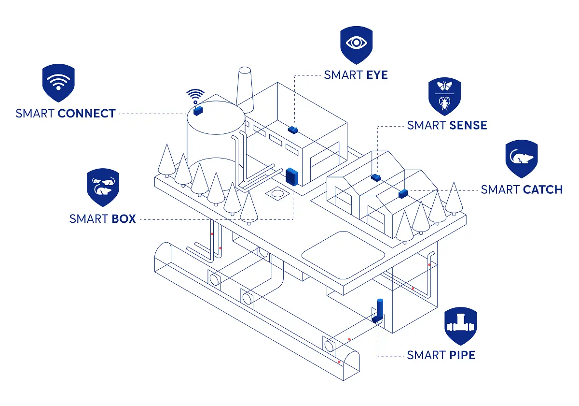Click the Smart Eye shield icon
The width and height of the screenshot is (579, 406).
pyautogui.click(x=356, y=45)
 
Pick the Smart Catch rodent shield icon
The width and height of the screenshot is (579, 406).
pyautogui.click(x=521, y=159)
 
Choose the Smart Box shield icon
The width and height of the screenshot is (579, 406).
pyautogui.click(x=103, y=187)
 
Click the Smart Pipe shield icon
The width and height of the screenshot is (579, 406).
pyautogui.click(x=460, y=326)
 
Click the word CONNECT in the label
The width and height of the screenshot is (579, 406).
pyautogui.click(x=86, y=114)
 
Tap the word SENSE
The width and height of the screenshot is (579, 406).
pyautogui.click(x=468, y=126)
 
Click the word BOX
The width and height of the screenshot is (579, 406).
pyautogui.click(x=124, y=219)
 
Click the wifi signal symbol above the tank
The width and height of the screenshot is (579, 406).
pyautogui.click(x=195, y=95)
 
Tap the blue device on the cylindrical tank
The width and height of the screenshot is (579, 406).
pyautogui.click(x=197, y=110)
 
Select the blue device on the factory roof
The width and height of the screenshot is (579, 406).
pyautogui.click(x=293, y=130)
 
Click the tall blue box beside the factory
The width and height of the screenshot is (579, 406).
pyautogui.click(x=292, y=177)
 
